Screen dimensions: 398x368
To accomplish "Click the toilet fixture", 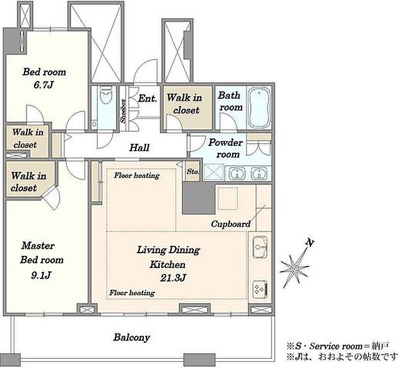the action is pos(106,95).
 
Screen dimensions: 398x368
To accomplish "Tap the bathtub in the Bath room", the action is pos(259,107).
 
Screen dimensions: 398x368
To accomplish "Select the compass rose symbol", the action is pos(295,268).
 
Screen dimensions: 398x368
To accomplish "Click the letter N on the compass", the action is pos(310,243).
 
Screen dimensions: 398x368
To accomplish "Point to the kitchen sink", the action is pos(259,247).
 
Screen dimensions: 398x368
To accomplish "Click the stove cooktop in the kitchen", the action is pos(260,289).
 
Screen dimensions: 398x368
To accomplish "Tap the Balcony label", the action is pos(131,337).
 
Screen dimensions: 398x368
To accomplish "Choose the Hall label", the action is pos(139,147).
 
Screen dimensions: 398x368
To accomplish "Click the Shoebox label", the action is pos(123,111).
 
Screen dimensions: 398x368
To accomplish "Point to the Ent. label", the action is pos(147,99).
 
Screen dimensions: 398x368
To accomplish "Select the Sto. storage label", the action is pos(192,172).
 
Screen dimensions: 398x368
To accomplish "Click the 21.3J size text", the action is pos(173,278).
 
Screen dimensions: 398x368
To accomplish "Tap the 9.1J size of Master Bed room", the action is pos(41,275).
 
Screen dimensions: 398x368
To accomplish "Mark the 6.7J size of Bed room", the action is pos(43,85).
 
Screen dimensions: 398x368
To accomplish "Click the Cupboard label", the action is pos(231,224).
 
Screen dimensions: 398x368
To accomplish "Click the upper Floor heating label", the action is pos(137,175).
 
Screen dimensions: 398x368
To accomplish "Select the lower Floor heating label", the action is pos(132,292).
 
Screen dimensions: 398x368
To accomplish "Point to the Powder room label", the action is pos(226,149).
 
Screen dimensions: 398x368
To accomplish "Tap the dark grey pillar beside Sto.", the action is pos(199,198).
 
